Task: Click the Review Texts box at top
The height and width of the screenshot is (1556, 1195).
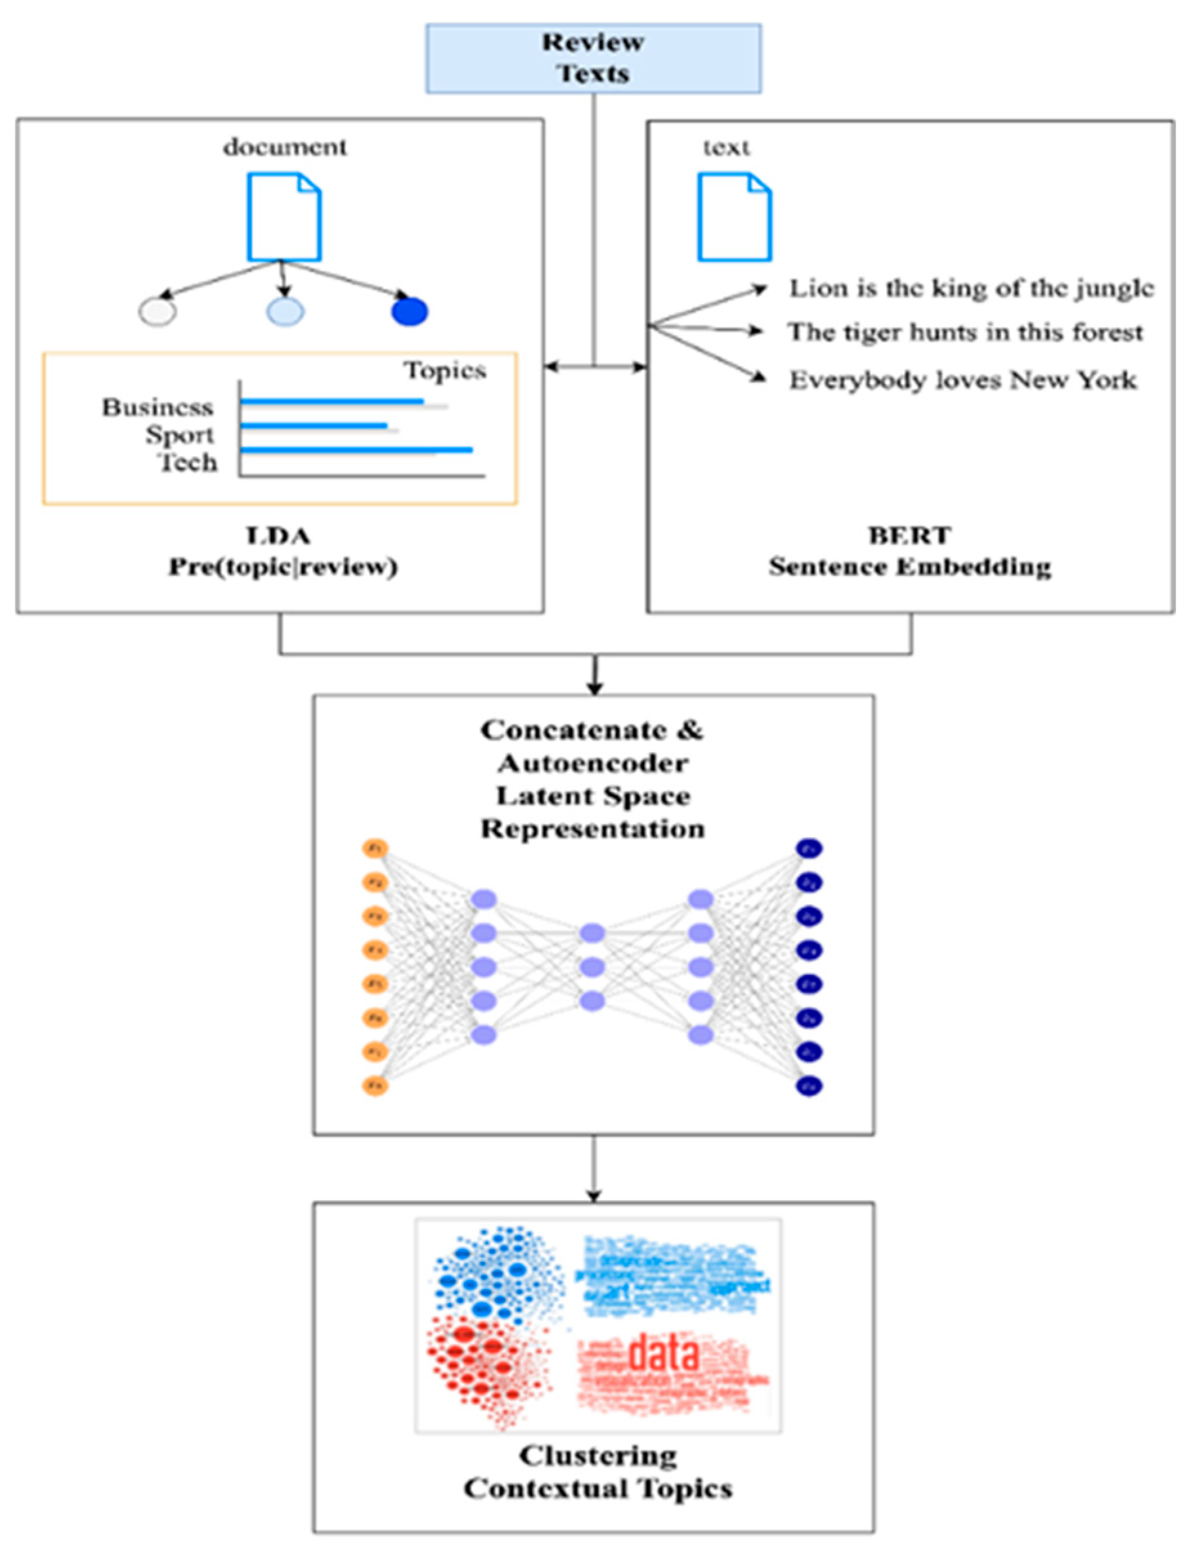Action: click(x=593, y=59)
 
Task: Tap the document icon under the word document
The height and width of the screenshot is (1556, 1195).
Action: click(x=284, y=217)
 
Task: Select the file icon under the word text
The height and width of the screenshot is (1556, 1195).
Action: click(x=734, y=217)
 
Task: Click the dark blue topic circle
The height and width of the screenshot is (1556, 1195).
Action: click(x=410, y=312)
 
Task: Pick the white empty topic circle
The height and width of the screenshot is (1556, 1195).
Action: click(x=157, y=312)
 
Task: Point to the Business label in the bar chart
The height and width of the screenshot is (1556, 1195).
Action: click(x=157, y=407)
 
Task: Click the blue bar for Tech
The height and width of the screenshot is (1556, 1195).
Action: click(x=356, y=449)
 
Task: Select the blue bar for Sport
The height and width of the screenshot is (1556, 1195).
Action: click(x=313, y=425)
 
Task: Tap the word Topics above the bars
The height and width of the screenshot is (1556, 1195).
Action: click(x=445, y=371)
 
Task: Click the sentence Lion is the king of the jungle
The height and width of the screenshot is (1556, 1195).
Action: click(x=971, y=289)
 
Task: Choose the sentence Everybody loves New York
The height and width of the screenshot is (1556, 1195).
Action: click(x=963, y=380)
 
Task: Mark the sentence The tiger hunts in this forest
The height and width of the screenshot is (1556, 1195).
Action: click(x=965, y=332)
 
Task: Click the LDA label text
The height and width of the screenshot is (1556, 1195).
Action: click(x=278, y=535)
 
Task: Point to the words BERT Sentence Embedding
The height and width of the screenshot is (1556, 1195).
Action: click(x=910, y=551)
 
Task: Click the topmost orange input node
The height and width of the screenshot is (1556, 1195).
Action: click(x=375, y=848)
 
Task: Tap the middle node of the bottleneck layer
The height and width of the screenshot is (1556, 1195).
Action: click(x=593, y=967)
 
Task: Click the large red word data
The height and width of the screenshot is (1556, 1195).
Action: click(x=663, y=1354)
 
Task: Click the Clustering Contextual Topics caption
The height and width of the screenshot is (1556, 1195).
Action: click(x=597, y=1472)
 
